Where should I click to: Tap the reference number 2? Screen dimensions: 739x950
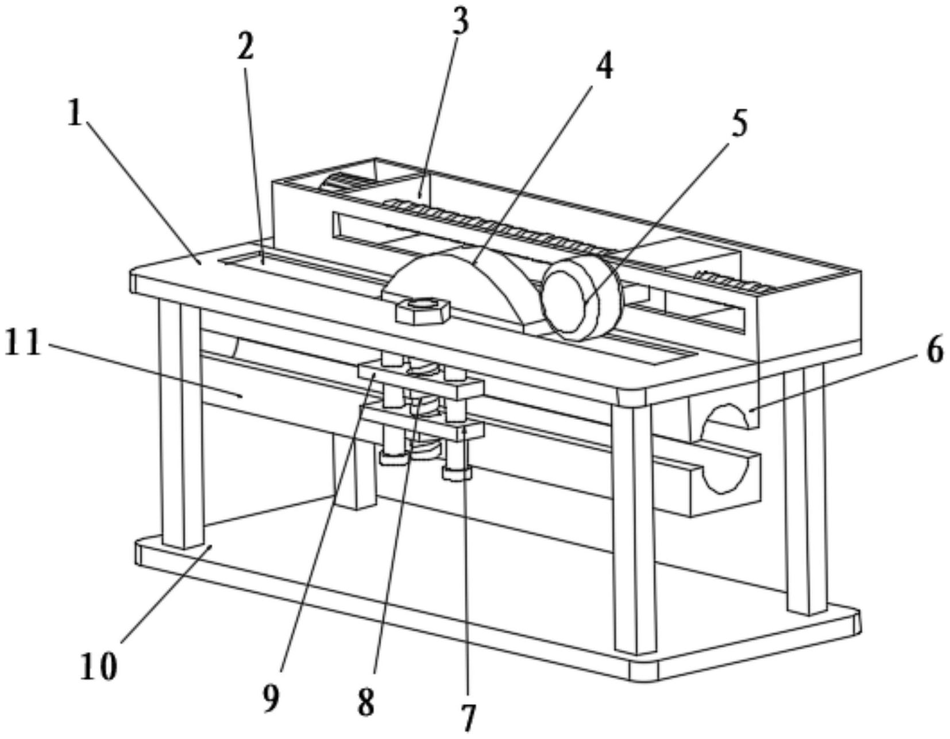pyautogui.click(x=245, y=47)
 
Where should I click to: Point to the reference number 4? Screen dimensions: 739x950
pyautogui.click(x=603, y=68)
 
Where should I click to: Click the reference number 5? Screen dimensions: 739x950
pyautogui.click(x=739, y=123)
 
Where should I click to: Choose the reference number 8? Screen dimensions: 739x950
pyautogui.click(x=366, y=701)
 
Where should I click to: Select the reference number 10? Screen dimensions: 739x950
pyautogui.click(x=99, y=666)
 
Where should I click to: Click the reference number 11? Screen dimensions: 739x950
pyautogui.click(x=23, y=344)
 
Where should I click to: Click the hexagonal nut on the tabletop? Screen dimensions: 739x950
pyautogui.click(x=423, y=310)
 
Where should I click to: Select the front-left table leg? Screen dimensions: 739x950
pyautogui.click(x=181, y=425)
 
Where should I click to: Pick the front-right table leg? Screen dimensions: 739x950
pyautogui.click(x=633, y=528)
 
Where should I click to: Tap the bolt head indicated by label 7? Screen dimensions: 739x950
pyautogui.click(x=457, y=473)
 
